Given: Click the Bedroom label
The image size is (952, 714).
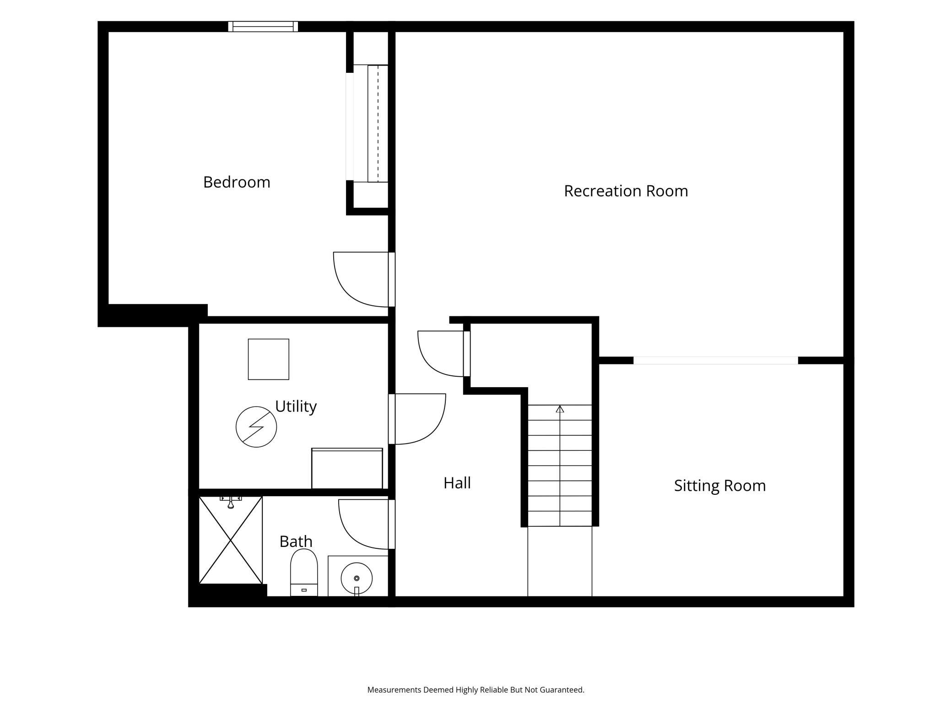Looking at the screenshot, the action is [237, 182].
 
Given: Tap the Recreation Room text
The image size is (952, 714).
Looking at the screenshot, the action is [626, 191].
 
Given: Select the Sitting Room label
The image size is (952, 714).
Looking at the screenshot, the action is [719, 486].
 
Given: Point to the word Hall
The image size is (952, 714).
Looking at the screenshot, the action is [457, 483].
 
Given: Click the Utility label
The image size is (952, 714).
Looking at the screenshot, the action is [296, 406].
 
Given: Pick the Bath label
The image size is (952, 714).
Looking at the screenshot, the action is [296, 541].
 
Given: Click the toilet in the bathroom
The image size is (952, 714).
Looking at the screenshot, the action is [304, 573].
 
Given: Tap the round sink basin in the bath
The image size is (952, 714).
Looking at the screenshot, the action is [357, 579].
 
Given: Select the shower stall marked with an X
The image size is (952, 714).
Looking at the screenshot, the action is [231, 540].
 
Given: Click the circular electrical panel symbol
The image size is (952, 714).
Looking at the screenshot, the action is [256, 427].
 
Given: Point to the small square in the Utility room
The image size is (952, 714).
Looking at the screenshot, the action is [269, 359].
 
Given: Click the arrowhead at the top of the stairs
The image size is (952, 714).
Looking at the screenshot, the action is [560, 409].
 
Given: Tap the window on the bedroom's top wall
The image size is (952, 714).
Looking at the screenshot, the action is [263, 27].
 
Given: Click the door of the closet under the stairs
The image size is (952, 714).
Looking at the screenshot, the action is [467, 354].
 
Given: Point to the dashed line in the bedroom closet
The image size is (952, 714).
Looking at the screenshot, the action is [378, 124].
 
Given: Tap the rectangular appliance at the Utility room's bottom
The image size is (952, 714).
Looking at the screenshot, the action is [347, 469].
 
